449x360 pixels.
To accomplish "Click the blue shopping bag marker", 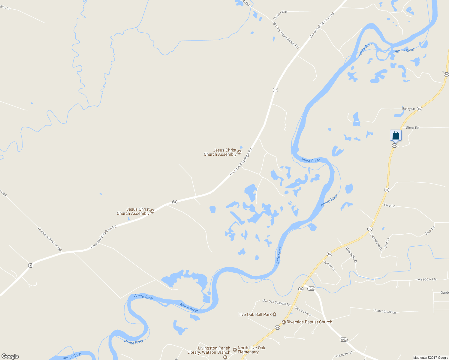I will tap(396, 135).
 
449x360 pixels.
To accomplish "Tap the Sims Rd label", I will tap(412, 128).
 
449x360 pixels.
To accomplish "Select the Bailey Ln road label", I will tap(408, 109).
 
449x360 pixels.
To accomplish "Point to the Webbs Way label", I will tap(280, 15).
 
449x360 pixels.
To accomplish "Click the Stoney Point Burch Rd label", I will tap(286, 35).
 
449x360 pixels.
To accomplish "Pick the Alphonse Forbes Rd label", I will tap(50, 239).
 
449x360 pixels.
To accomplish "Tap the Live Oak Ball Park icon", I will tap(274, 314).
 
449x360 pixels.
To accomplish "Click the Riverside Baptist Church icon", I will tap(284, 322).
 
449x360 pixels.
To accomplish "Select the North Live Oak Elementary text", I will tap(251, 350).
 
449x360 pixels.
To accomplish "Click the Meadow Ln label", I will tap(426, 279).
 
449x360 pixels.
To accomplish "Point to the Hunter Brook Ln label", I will tap(384, 311).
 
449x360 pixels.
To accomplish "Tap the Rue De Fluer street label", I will tap(303, 311).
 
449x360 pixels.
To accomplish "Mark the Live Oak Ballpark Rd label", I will tap(276, 302).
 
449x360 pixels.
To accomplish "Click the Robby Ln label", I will tap(329, 266).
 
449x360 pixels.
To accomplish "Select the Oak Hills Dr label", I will tap(351, 255).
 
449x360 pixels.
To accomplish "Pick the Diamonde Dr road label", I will tap(376, 242).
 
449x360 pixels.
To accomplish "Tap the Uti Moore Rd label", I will tap(343, 354).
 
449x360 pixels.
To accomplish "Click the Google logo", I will tap(10, 356).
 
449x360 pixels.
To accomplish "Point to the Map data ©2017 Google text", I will tap(430, 358).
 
